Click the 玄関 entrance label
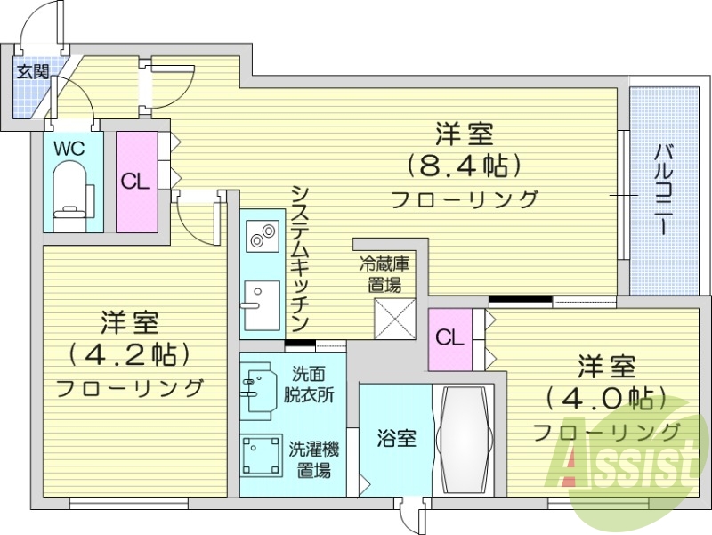point(32,72)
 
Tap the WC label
point(69,149)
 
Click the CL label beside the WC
point(134,182)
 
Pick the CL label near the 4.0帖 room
point(449,338)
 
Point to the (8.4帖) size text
point(464,166)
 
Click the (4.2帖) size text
point(130,353)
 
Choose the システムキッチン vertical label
point(300,257)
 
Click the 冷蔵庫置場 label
point(384,273)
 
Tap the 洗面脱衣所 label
point(309,382)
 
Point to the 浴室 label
point(391,439)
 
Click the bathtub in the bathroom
point(465,438)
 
